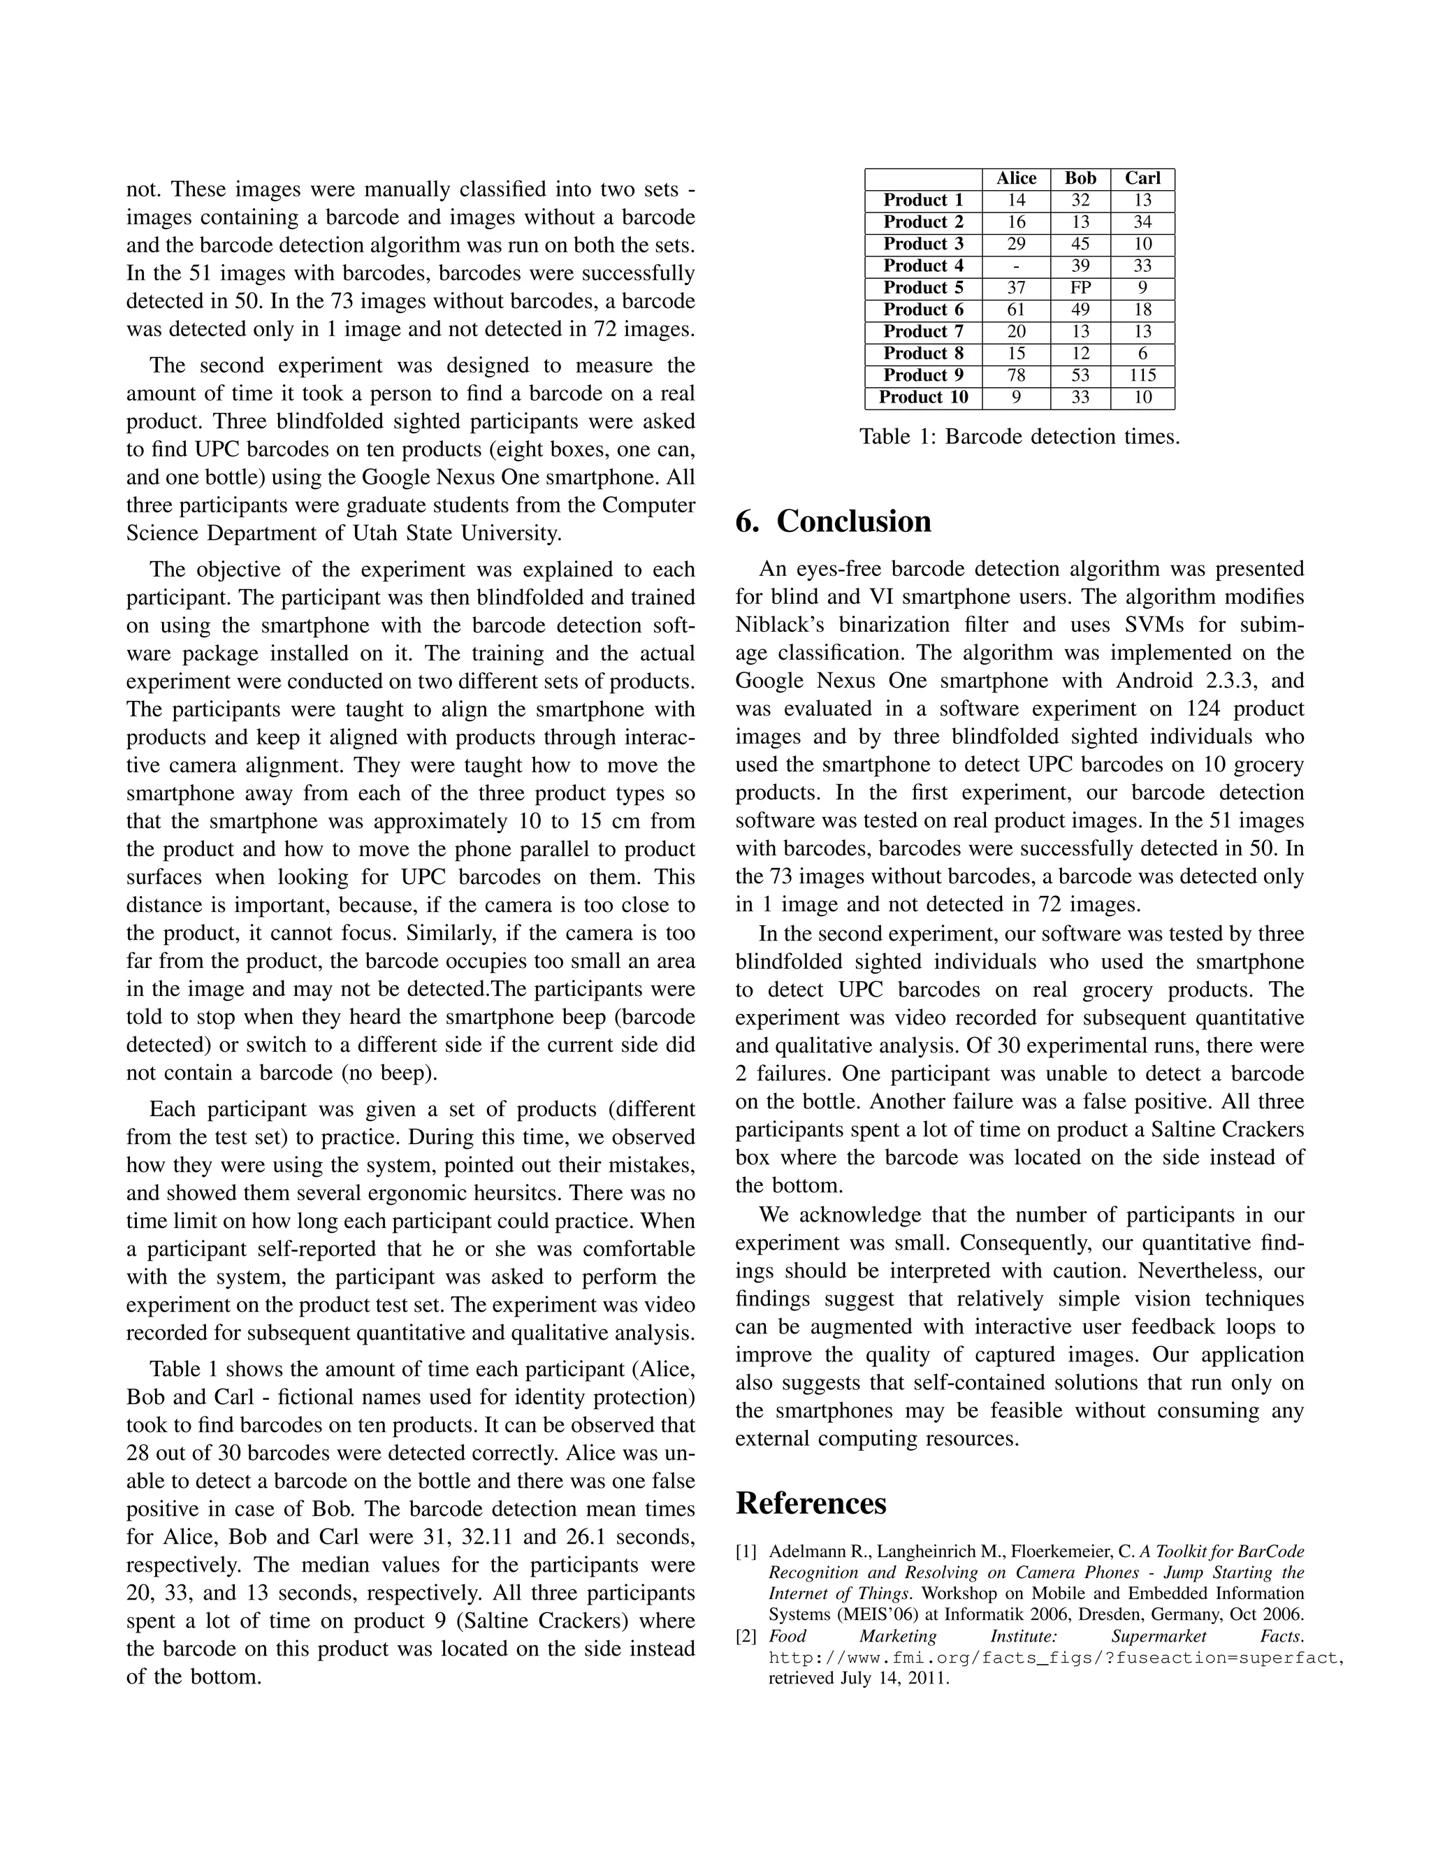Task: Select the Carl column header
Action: (1142, 178)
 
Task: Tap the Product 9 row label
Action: (923, 375)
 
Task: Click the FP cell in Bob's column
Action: (1080, 287)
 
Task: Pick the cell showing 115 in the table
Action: (1142, 375)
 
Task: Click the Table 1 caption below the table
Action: (1019, 437)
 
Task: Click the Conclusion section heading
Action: (834, 521)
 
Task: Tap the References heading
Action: (811, 1503)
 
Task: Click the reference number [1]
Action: (746, 1551)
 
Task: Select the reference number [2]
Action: (746, 1637)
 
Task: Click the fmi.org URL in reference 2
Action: (1056, 1658)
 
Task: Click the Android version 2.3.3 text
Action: (1216, 681)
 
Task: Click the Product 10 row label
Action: (923, 397)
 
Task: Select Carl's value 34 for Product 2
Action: (1142, 222)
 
